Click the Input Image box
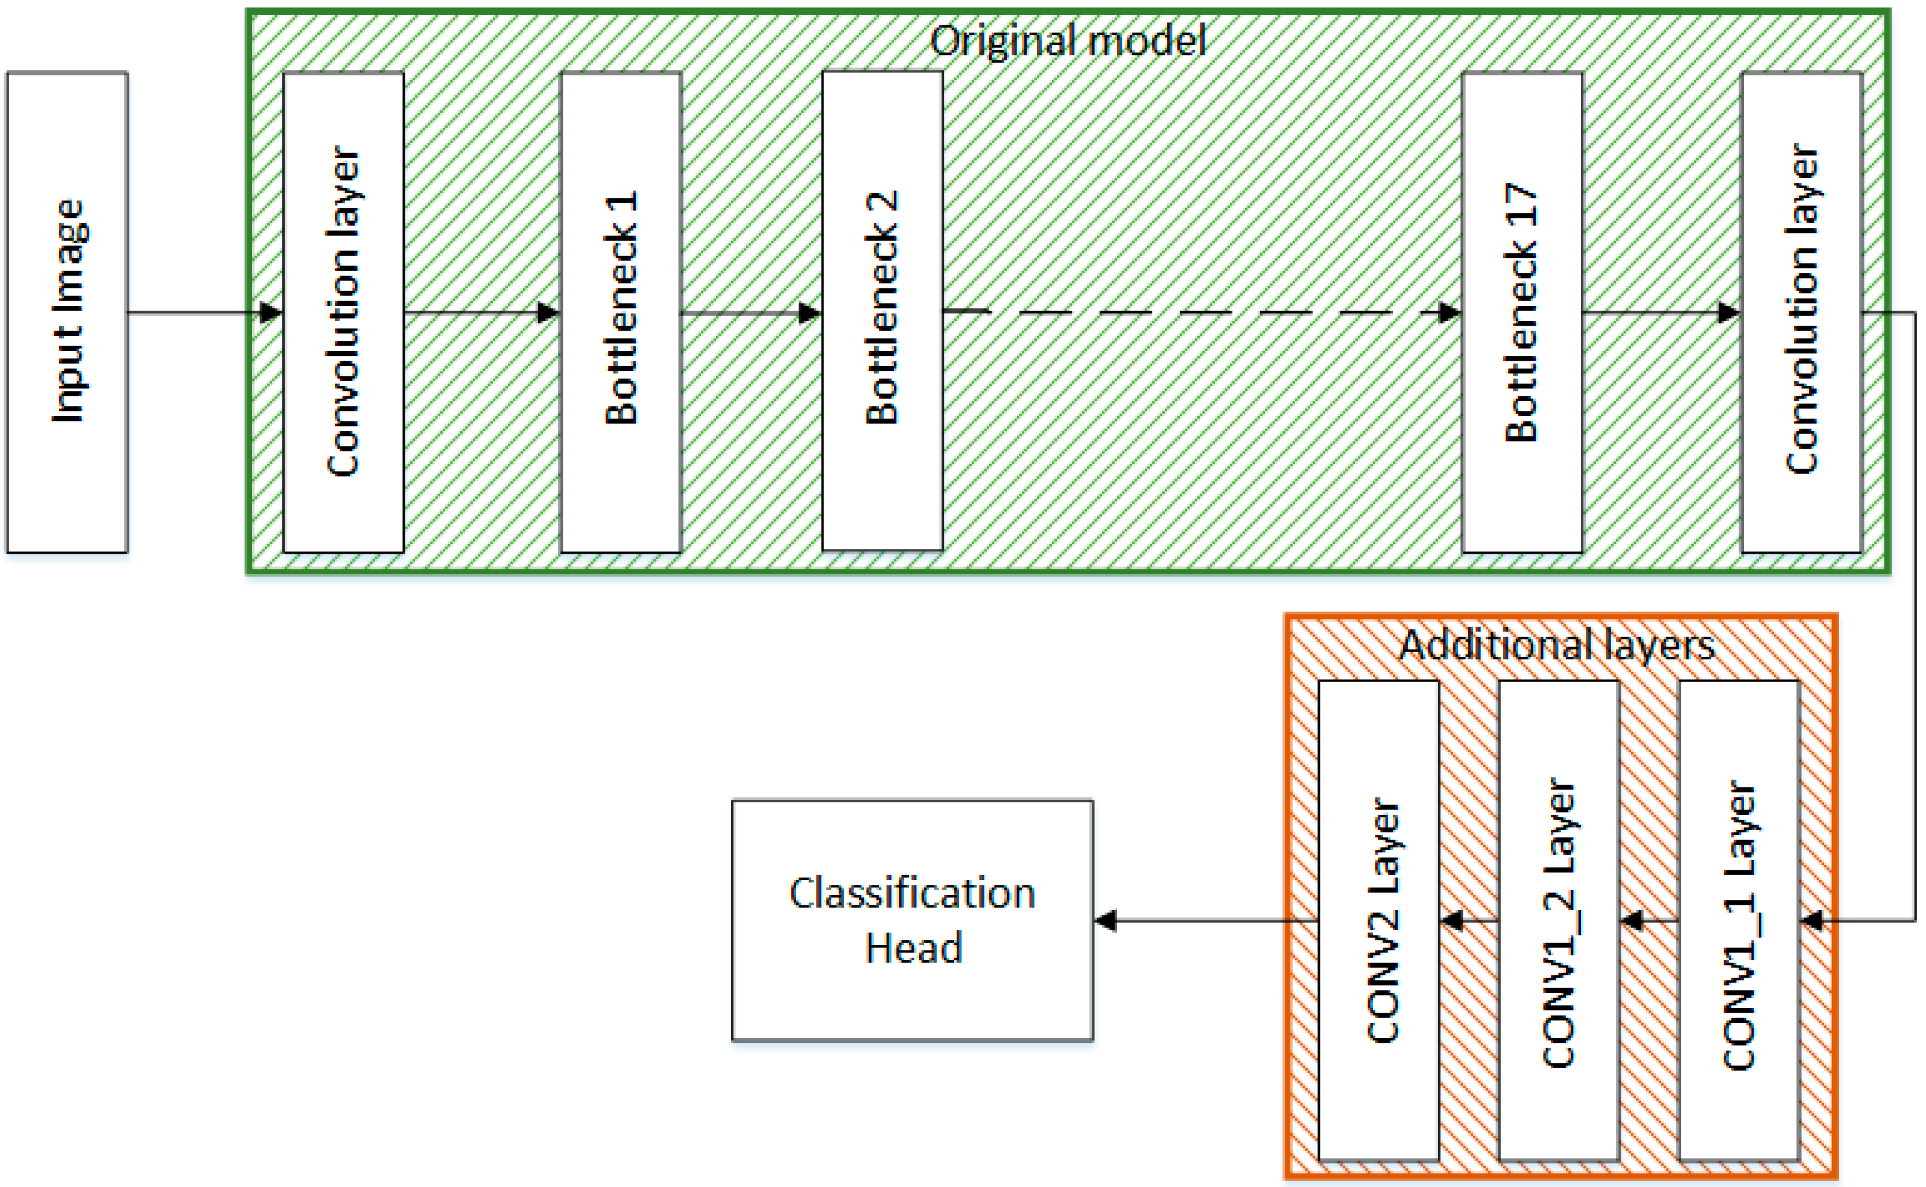(x=68, y=312)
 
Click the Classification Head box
(x=913, y=920)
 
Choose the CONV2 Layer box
(x=1379, y=920)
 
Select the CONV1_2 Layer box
(x=1559, y=920)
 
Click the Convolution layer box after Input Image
(x=343, y=312)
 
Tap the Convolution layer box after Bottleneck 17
(x=1801, y=312)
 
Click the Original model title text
(x=1067, y=41)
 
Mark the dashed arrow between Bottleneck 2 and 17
(x=1202, y=312)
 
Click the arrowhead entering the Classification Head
(x=1106, y=920)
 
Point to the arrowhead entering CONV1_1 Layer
(x=1811, y=920)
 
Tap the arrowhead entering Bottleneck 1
(x=548, y=313)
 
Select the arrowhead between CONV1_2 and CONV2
(x=1451, y=920)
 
